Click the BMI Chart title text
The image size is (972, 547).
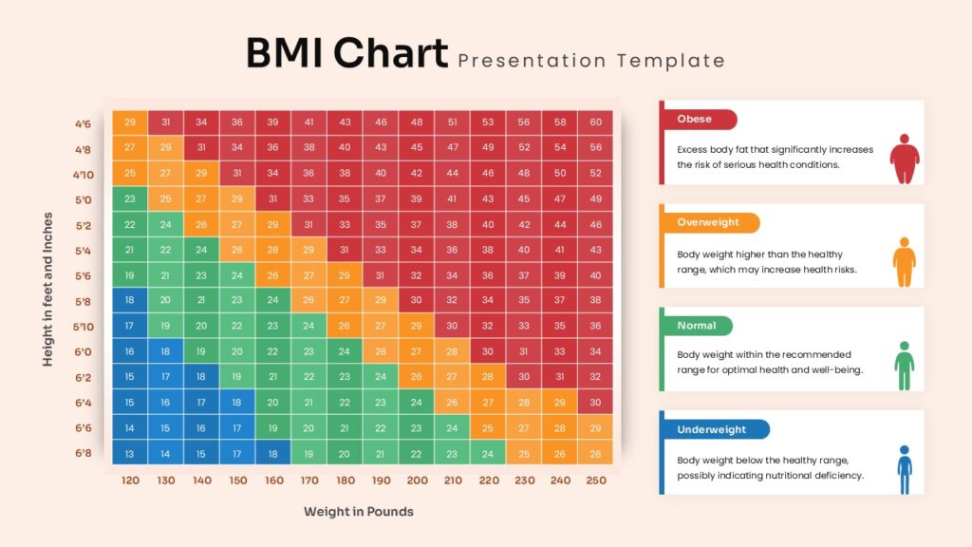point(346,54)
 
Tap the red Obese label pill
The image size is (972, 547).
point(699,120)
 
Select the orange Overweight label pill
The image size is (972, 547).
point(709,222)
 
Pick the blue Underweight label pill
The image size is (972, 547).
point(713,429)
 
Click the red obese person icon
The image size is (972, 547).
point(904,159)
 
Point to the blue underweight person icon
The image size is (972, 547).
point(905,468)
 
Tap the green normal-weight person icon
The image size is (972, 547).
point(905,365)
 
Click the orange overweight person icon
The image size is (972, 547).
point(905,262)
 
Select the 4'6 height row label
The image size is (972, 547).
point(84,123)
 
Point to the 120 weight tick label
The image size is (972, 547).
point(130,481)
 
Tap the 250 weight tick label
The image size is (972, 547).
point(595,481)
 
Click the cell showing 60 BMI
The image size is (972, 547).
point(595,123)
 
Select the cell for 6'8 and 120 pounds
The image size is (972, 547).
point(130,453)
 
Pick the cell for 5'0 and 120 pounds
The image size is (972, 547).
point(130,198)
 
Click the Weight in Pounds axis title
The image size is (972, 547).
point(359,512)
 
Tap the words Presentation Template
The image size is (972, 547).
point(591,61)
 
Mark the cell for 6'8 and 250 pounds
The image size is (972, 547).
point(595,453)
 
